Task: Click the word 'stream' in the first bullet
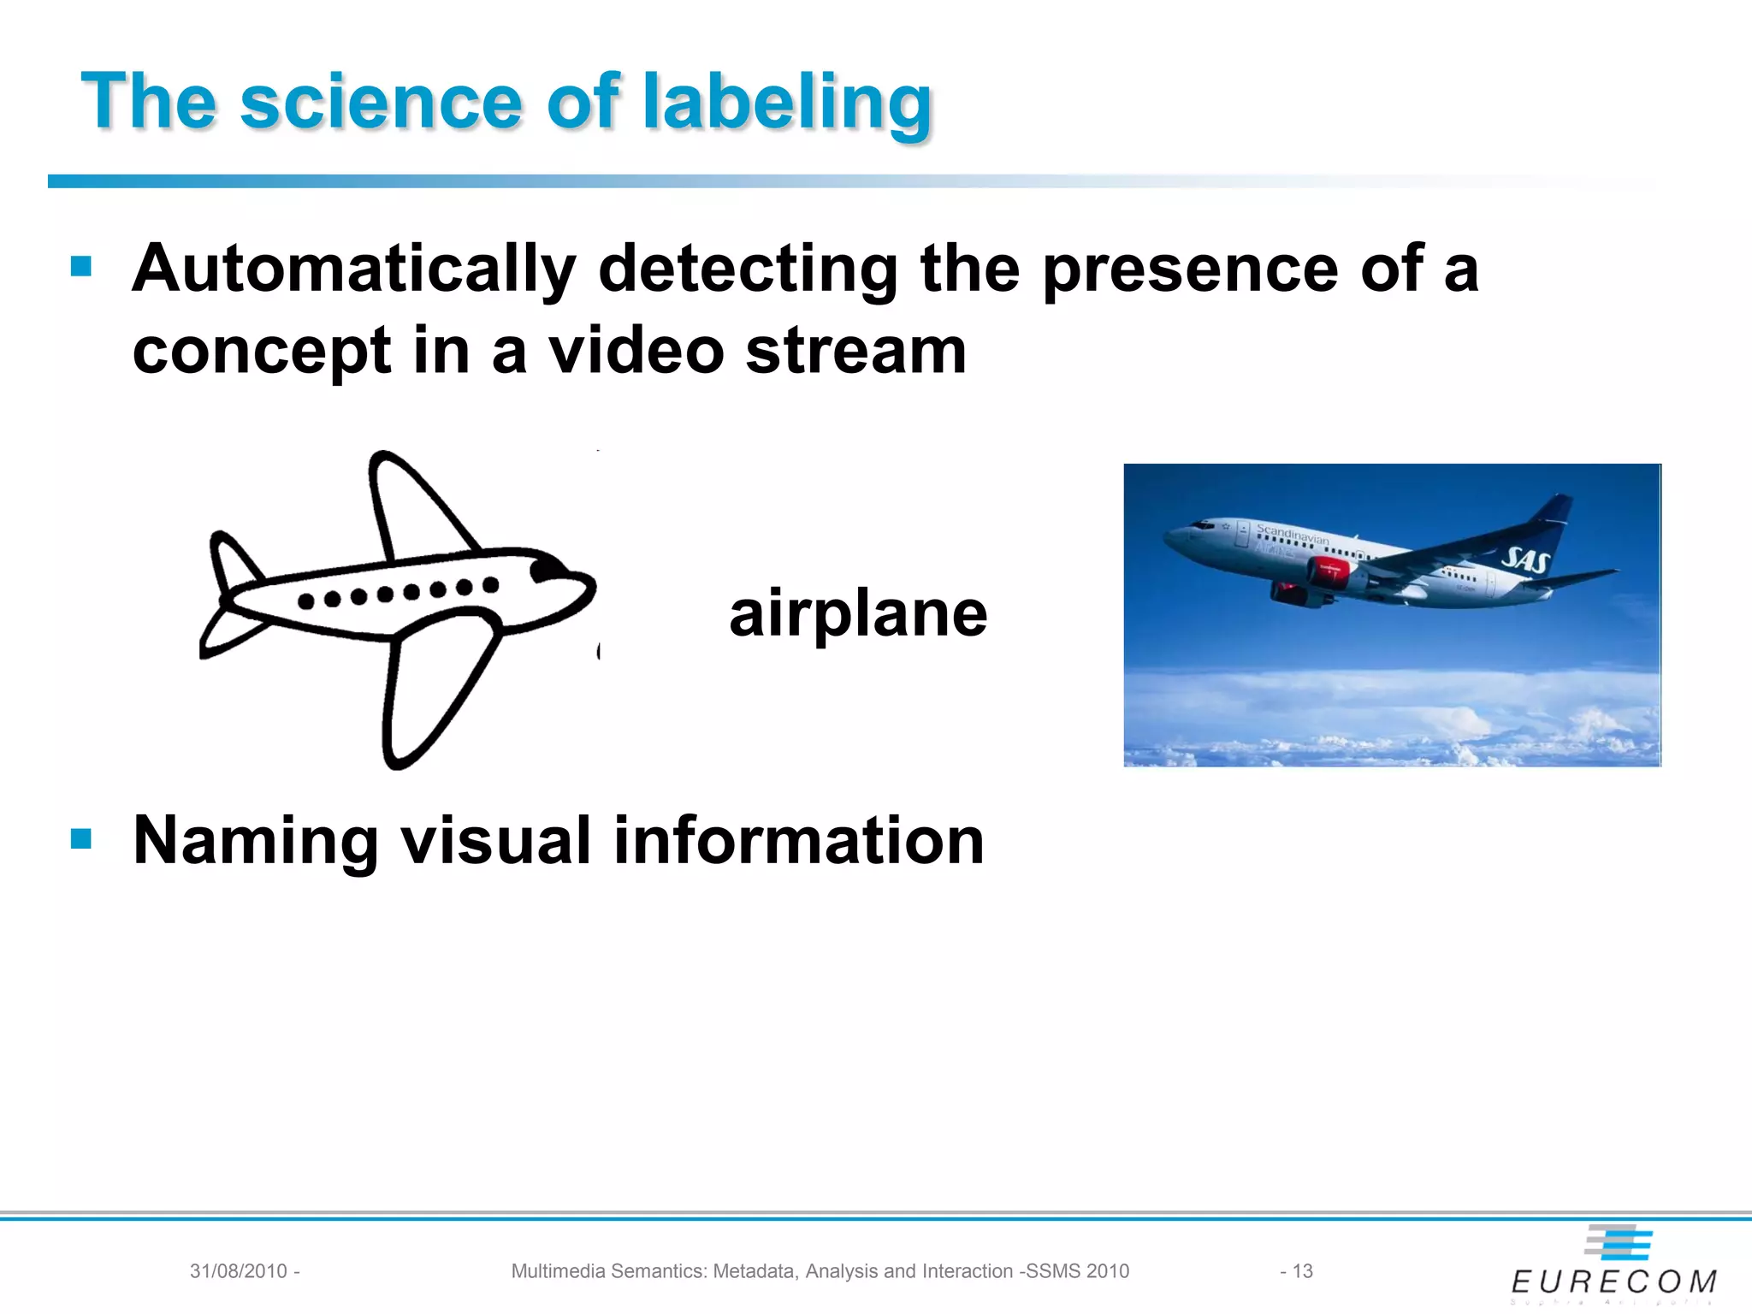pos(855,351)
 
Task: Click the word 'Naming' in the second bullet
pos(255,841)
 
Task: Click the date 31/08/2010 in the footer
pos(239,1271)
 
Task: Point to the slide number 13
pos(1302,1271)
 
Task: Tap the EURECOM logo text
pos(1613,1281)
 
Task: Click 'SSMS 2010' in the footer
pos(1078,1271)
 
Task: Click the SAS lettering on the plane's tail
pos(1525,560)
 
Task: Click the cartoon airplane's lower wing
pos(432,684)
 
